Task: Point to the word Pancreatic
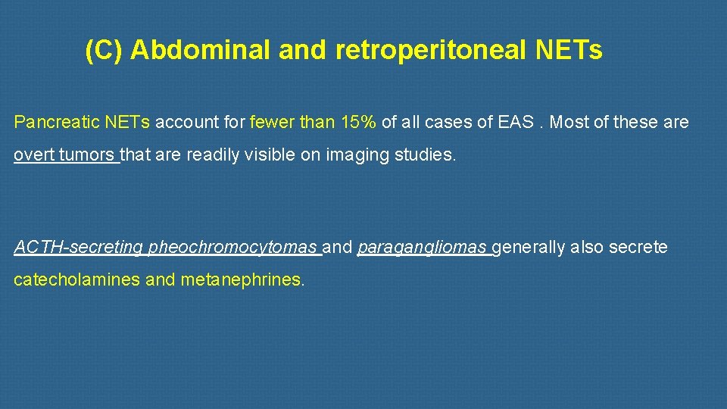coord(51,122)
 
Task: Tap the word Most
coord(569,122)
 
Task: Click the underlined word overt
coord(33,155)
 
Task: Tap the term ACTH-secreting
coord(79,247)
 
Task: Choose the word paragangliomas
coord(421,247)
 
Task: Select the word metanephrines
coord(242,279)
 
